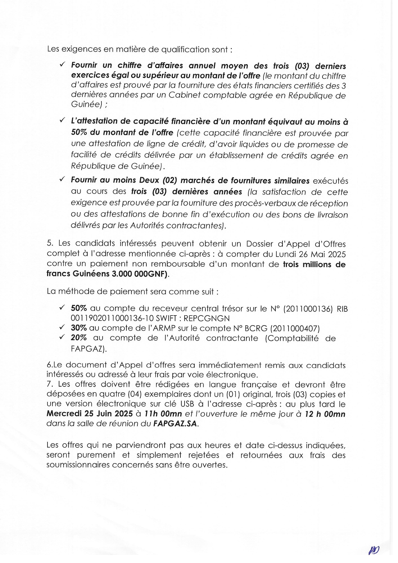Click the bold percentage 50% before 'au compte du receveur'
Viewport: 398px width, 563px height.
pyautogui.click(x=79, y=308)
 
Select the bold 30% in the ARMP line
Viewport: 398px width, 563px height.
pyautogui.click(x=79, y=328)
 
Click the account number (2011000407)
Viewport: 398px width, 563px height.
pyautogui.click(x=295, y=328)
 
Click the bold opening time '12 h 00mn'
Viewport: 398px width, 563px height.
pyautogui.click(x=325, y=414)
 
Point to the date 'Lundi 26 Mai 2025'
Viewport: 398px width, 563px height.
pyautogui.click(x=310, y=255)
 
